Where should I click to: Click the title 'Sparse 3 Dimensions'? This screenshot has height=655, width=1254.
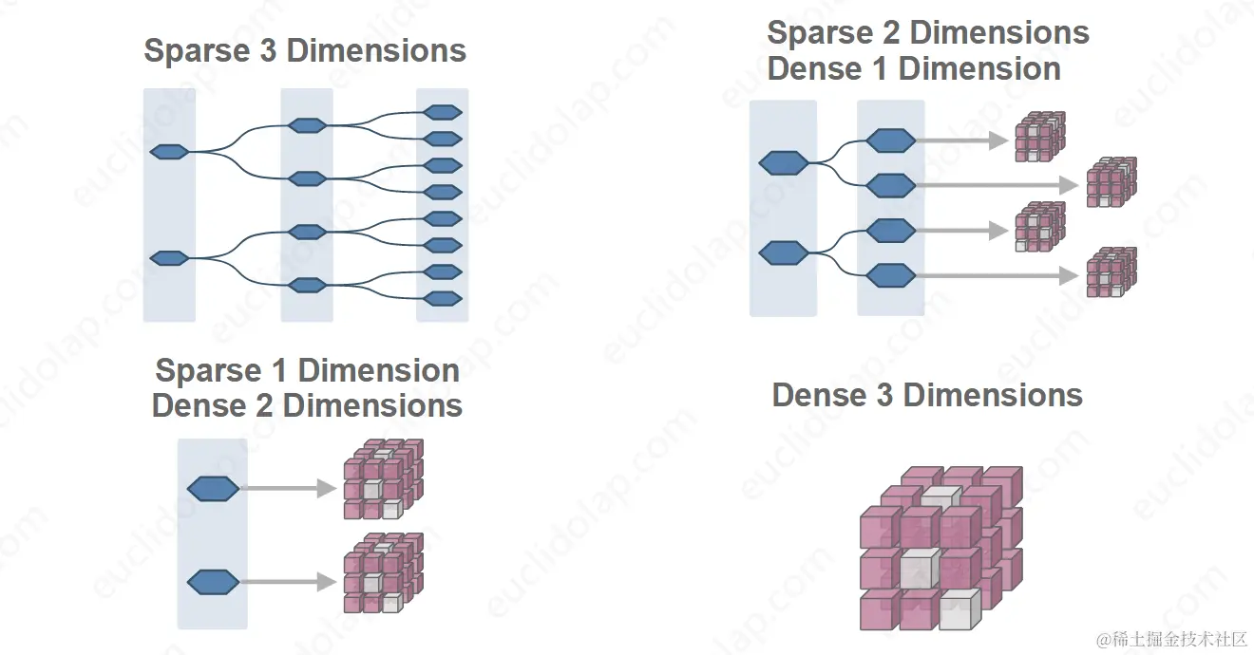(305, 50)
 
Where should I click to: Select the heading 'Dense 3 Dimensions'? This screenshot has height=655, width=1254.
(927, 395)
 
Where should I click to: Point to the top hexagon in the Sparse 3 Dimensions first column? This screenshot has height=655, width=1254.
(169, 151)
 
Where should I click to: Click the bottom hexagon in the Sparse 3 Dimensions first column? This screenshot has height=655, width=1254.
(169, 258)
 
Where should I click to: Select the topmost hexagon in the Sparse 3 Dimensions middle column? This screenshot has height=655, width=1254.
(307, 125)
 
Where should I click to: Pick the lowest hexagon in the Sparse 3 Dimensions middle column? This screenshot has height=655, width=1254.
(307, 285)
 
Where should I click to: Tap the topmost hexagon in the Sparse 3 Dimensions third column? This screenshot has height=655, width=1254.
(443, 112)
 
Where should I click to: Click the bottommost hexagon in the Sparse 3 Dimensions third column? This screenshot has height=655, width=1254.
(443, 299)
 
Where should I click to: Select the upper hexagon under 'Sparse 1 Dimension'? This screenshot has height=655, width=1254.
(213, 489)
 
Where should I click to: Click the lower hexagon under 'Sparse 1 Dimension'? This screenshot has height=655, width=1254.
(213, 581)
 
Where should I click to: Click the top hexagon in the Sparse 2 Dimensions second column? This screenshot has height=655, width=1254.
(891, 140)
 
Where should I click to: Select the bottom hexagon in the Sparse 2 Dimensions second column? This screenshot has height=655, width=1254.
(891, 276)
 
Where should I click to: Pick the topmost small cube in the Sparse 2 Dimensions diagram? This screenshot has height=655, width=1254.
(1040, 137)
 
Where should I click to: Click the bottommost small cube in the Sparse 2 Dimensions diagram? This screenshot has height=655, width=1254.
(1111, 272)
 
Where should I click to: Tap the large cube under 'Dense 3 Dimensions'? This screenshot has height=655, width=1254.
(940, 548)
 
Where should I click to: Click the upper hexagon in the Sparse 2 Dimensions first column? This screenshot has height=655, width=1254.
(784, 163)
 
